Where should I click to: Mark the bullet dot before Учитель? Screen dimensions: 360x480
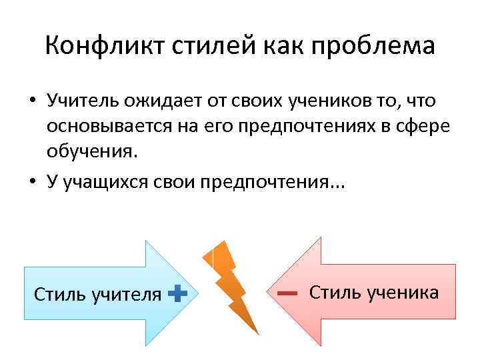point(32,101)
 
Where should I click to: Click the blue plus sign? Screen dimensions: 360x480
point(177,293)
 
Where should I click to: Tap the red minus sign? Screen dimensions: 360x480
point(287,293)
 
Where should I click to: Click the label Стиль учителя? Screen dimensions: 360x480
point(97,293)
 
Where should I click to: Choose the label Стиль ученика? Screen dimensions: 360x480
point(374,293)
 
